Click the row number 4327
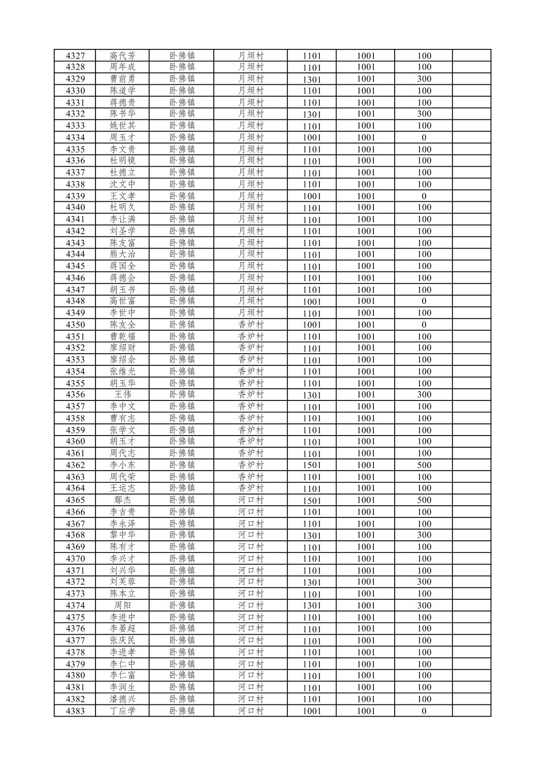pos(75,56)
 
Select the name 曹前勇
pos(122,79)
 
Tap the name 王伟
pos(122,394)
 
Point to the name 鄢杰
pos(122,500)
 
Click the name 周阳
pos(122,605)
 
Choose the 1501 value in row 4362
pos(312,465)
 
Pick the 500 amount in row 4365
pos(424,500)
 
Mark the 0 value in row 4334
pos(424,137)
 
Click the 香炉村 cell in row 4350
pos(251,325)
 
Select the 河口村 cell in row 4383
pos(251,711)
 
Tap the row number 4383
pos(75,711)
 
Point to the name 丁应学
pos(122,711)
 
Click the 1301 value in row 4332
pos(312,114)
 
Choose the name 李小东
pos(122,465)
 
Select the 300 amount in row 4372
pos(424,582)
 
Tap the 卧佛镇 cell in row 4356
pos(182,394)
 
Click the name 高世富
pos(122,301)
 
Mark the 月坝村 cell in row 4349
pos(251,313)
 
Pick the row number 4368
pos(75,535)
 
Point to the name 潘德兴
pos(122,699)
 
